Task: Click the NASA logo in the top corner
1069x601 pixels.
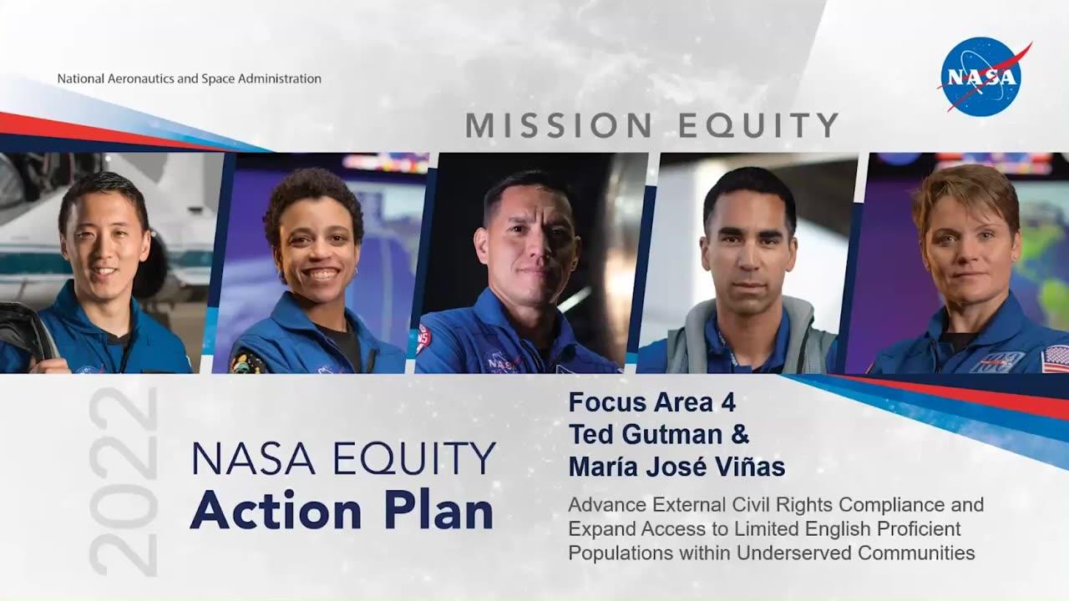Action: pos(982,76)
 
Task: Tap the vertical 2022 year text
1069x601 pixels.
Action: pos(123,482)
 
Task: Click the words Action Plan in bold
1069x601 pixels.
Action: pos(341,511)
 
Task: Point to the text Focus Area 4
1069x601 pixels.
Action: pos(651,402)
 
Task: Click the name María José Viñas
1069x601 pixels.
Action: pos(676,467)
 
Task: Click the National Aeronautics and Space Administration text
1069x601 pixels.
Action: pos(189,78)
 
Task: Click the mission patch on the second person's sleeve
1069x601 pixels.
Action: pos(246,361)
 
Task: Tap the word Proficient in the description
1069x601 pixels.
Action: pos(916,529)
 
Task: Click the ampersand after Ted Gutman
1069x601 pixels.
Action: pos(740,435)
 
